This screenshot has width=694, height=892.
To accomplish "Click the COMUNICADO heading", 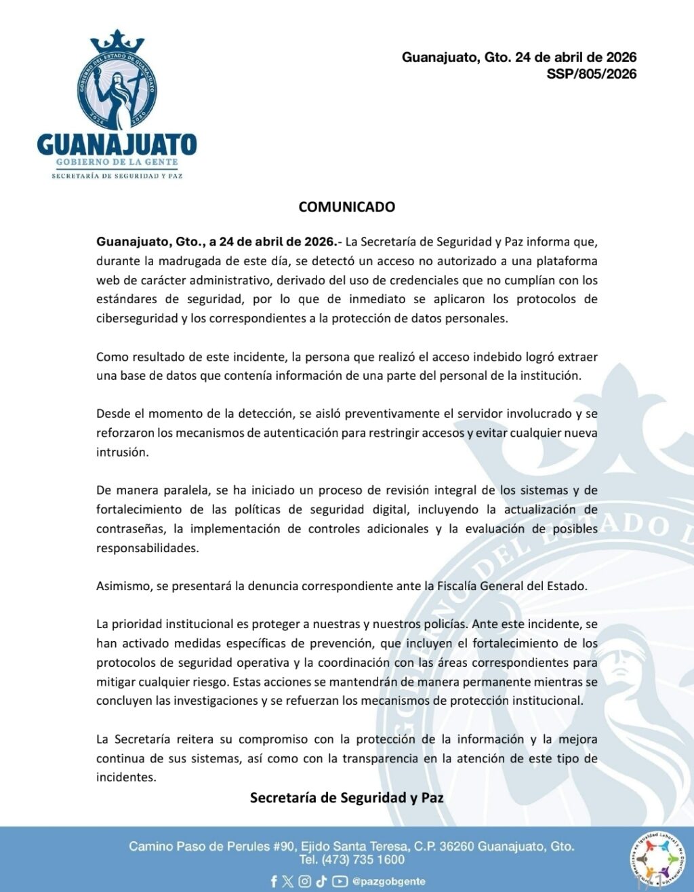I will coord(346,207).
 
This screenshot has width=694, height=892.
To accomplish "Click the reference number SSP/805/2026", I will coord(591,74).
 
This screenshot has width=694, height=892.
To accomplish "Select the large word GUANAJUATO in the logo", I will coord(117,144).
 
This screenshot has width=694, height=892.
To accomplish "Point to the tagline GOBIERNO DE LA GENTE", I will coord(117,162).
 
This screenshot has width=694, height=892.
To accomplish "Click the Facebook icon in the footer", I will coord(274,881).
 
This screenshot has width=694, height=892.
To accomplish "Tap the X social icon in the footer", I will coord(288,881).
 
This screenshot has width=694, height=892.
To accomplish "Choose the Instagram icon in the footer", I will coord(305,881).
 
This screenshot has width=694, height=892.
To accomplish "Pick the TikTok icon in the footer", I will coord(321,881).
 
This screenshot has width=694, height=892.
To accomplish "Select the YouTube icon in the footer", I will coord(340,881).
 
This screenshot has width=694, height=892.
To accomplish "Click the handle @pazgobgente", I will coord(389,881).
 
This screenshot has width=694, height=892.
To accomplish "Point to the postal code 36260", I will coord(455,846).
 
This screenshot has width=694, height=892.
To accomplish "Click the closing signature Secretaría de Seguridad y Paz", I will coord(346,798).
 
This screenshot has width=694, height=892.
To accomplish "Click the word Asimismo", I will coord(124,585).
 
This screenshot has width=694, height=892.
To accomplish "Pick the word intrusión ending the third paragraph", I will coord(121,452).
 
